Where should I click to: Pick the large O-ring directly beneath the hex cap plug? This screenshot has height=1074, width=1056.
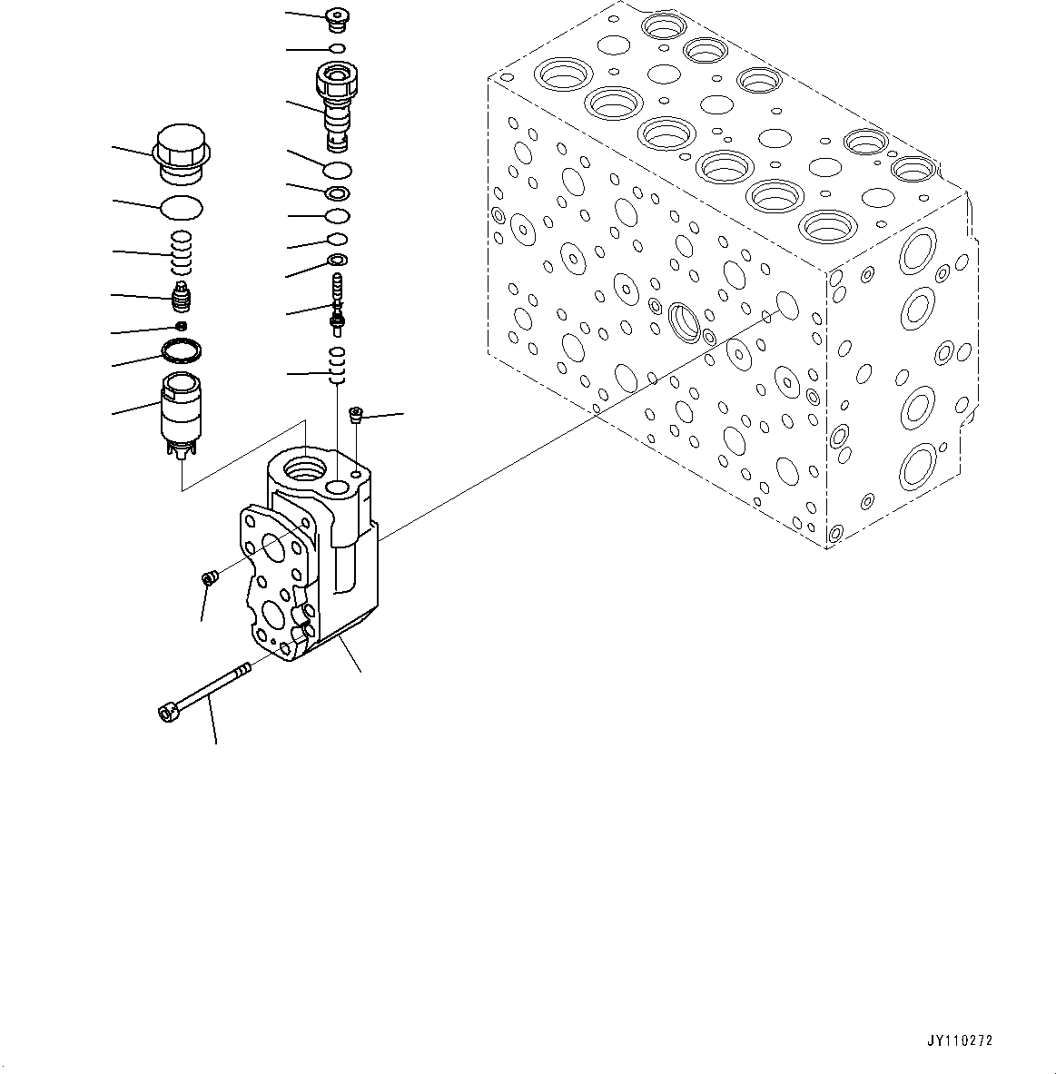tap(181, 208)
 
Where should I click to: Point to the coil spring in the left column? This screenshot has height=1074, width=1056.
tap(183, 252)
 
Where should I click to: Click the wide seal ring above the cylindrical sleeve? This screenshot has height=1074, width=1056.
tap(181, 350)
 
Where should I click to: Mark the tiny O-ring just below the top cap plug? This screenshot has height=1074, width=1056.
tap(337, 48)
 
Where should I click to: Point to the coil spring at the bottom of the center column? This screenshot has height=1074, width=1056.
tap(337, 366)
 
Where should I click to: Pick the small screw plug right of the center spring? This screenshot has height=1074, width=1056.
tap(356, 416)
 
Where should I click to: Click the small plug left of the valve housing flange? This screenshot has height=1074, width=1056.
tap(208, 578)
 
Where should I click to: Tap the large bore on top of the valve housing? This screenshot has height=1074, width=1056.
tap(301, 469)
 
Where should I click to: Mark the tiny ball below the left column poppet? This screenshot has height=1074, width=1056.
tap(181, 325)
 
